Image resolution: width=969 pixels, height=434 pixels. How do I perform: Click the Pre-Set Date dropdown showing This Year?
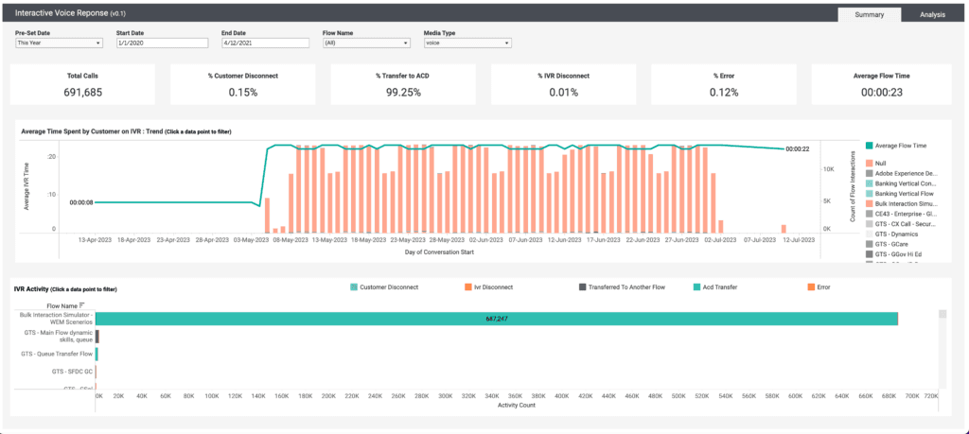tap(59, 43)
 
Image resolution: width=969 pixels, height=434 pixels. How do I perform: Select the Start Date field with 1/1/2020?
tap(161, 43)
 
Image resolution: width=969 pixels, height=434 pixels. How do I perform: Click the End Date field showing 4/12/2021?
tap(263, 43)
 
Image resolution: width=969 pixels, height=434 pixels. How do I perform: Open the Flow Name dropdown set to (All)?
tap(366, 43)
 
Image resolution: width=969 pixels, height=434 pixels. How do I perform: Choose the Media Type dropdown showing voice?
tap(467, 43)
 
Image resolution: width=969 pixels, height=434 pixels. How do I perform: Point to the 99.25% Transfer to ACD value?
tap(405, 92)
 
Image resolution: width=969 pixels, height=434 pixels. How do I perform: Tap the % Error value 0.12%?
tap(726, 92)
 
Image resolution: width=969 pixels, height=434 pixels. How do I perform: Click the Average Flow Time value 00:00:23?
tap(886, 92)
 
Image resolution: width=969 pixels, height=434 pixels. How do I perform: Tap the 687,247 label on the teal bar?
tap(499, 320)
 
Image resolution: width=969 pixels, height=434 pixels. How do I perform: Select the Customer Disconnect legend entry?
tap(388, 286)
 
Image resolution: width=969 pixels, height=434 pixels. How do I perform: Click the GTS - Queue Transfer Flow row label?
tap(58, 354)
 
